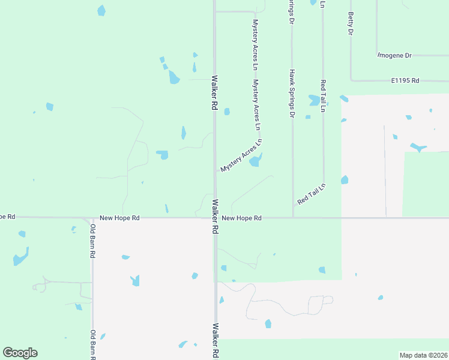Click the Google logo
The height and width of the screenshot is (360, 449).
[20, 353]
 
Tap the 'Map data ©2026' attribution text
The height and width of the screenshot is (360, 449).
[424, 355]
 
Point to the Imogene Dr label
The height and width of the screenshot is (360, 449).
[394, 55]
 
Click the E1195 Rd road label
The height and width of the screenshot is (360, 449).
[405, 80]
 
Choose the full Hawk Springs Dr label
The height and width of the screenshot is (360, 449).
[292, 93]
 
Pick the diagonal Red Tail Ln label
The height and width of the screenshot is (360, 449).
[311, 193]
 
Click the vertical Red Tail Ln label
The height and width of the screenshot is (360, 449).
[323, 96]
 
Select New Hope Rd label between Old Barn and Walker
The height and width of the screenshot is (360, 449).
[119, 218]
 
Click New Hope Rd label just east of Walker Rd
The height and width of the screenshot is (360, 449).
[241, 218]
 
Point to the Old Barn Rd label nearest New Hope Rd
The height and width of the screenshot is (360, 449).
[93, 241]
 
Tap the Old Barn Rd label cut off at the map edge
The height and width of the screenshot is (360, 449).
[93, 344]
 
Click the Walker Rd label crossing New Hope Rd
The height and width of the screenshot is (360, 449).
[214, 217]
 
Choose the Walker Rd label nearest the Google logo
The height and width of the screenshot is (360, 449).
[215, 341]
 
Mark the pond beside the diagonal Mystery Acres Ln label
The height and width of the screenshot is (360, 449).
[256, 160]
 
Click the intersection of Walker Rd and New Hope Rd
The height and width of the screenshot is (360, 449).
[214, 218]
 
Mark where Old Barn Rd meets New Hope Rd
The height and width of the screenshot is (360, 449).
[92, 218]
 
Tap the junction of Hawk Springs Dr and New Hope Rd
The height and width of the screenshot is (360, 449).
[293, 218]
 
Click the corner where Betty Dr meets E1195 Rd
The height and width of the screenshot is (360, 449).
[351, 80]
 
